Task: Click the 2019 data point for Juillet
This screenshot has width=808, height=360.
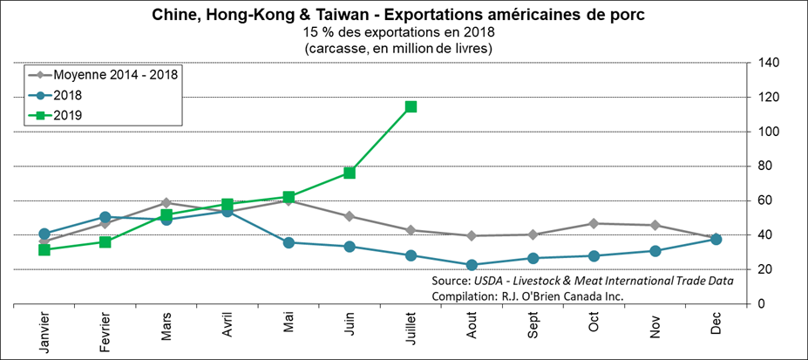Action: (411, 106)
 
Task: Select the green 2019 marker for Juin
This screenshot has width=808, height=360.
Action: (350, 173)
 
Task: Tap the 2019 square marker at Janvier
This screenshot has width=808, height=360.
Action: (44, 249)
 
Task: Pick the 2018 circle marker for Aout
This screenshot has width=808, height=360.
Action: (472, 264)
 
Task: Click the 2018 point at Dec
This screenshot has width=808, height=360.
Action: (716, 239)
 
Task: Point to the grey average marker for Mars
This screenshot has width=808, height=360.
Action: (166, 202)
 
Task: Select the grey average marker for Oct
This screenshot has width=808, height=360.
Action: (594, 223)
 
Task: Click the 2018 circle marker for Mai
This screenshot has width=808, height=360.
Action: (289, 242)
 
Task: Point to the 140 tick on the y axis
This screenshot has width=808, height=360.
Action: (768, 63)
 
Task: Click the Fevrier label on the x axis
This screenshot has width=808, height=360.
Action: (106, 331)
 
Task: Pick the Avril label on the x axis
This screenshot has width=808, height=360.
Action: (228, 326)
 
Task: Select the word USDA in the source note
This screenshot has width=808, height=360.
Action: (492, 281)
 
